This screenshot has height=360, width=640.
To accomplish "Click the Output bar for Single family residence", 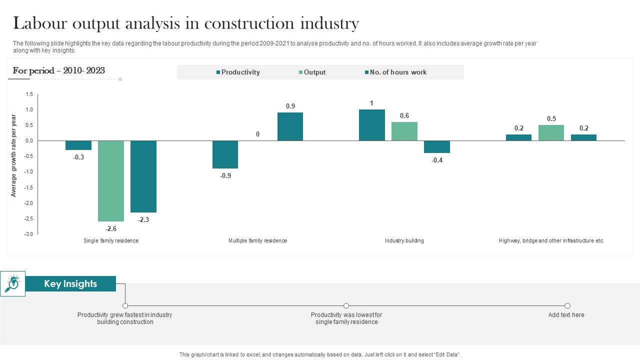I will (110, 181).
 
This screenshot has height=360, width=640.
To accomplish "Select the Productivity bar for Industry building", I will (371, 125).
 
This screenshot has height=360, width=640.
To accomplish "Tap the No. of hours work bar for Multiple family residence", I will (290, 126).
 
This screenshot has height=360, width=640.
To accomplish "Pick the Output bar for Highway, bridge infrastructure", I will (551, 133).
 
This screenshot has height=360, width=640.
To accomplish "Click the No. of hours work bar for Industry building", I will (436, 146).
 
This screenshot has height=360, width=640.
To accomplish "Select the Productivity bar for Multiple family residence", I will (225, 154).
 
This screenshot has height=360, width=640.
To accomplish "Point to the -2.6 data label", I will (110, 228).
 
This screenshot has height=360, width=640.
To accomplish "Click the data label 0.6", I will (404, 116).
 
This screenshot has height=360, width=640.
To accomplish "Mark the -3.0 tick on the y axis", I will (28, 234).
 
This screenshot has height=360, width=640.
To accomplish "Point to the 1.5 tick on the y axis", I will (29, 94).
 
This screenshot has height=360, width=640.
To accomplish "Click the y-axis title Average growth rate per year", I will (14, 155).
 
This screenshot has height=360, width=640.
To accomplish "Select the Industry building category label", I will (404, 241).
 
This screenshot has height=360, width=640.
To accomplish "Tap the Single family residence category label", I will (110, 241).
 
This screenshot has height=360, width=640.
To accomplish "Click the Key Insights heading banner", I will (70, 284).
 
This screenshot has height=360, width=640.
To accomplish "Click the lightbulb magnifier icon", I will (12, 283).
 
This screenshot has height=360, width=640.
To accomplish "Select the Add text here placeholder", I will (566, 315).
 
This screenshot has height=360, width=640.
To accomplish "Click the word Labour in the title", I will (41, 23).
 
